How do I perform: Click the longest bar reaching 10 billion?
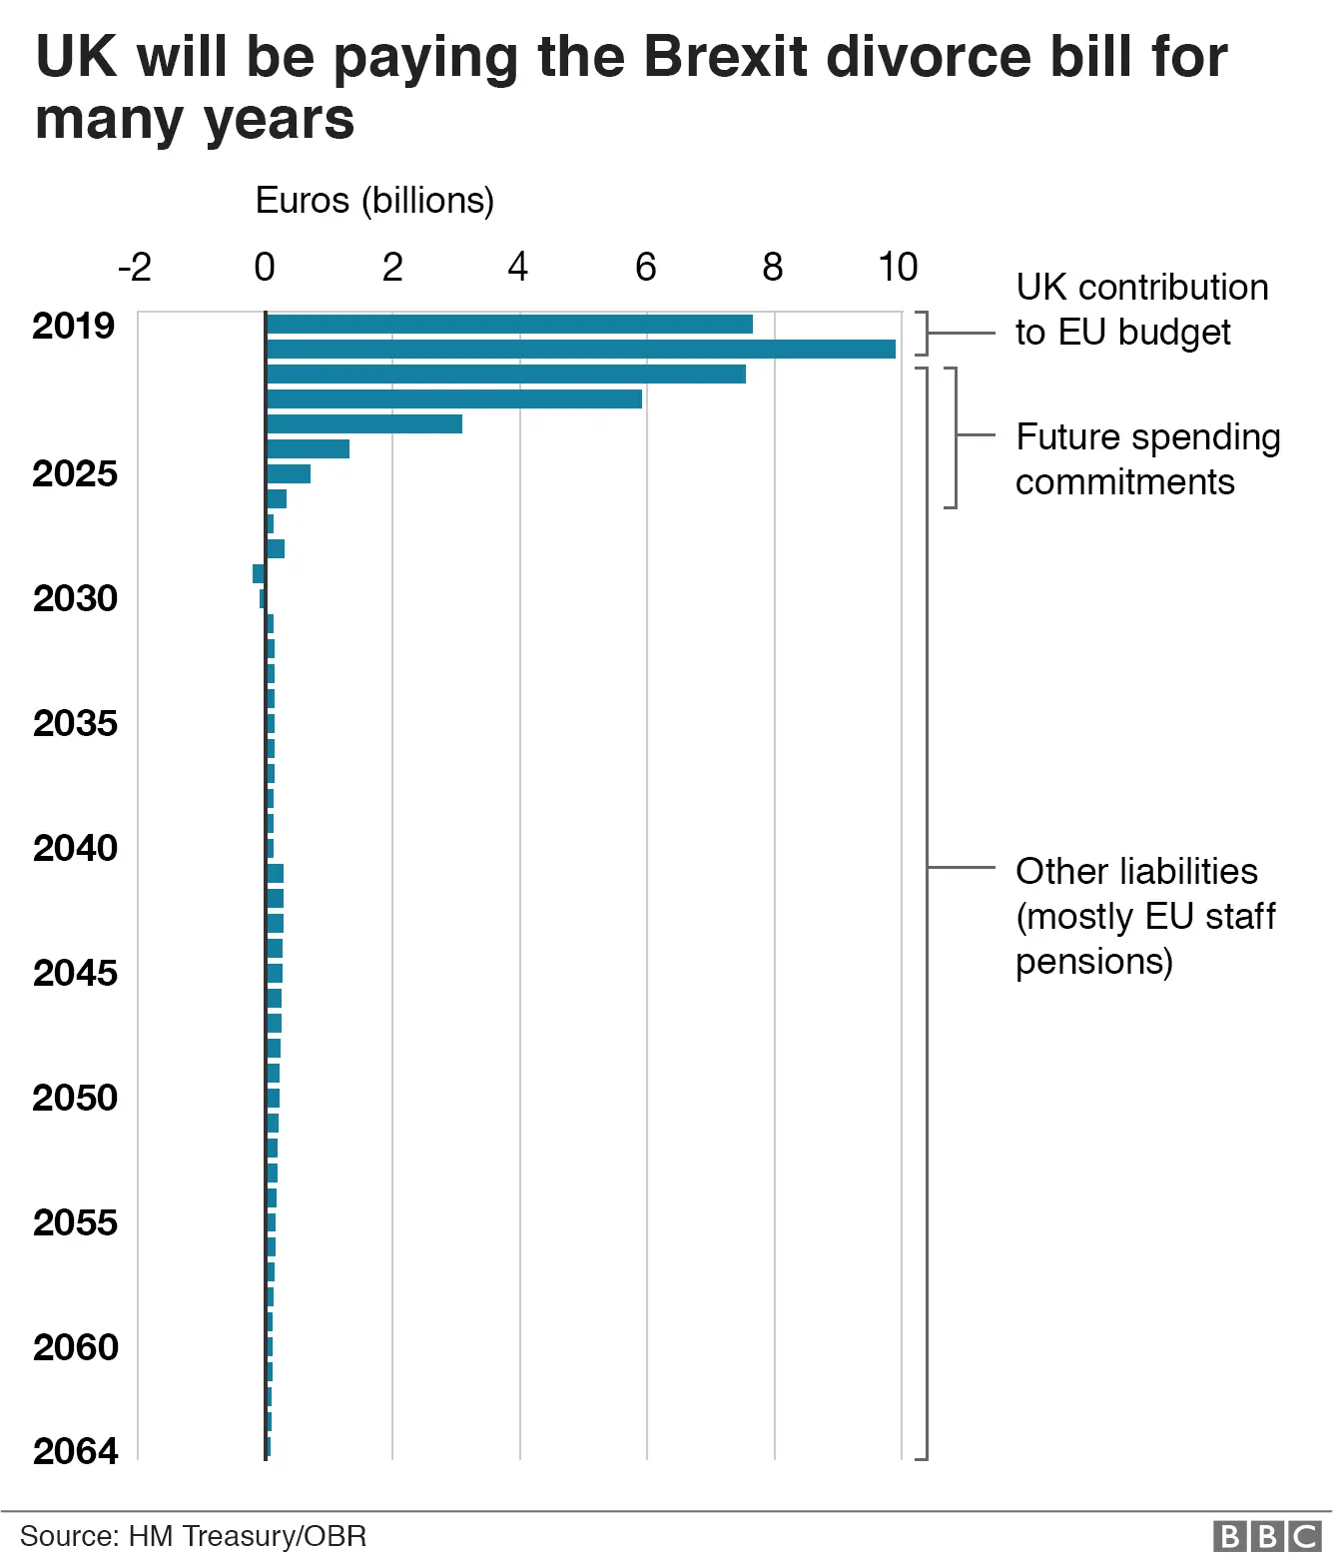coord(581,349)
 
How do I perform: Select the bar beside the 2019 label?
coord(509,324)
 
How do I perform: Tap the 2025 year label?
coord(75,473)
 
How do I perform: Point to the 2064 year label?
coord(75,1450)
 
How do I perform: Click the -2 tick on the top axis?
coord(135,268)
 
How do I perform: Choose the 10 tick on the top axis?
coord(898,268)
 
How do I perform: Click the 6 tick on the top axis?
coord(646,268)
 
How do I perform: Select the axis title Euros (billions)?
coord(374,201)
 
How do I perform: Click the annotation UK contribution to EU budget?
coord(1141,310)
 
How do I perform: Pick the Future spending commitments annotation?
coord(1147,459)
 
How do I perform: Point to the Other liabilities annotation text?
coord(1145,916)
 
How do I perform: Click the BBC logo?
coord(1267,1535)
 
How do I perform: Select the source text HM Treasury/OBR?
coord(193,1536)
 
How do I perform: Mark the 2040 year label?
coord(75,848)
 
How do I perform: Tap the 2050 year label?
coord(75,1098)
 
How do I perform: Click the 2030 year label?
coord(75,598)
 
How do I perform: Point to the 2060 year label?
coord(75,1347)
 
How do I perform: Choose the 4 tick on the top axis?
coord(517,268)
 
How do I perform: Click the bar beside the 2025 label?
coord(289,473)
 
